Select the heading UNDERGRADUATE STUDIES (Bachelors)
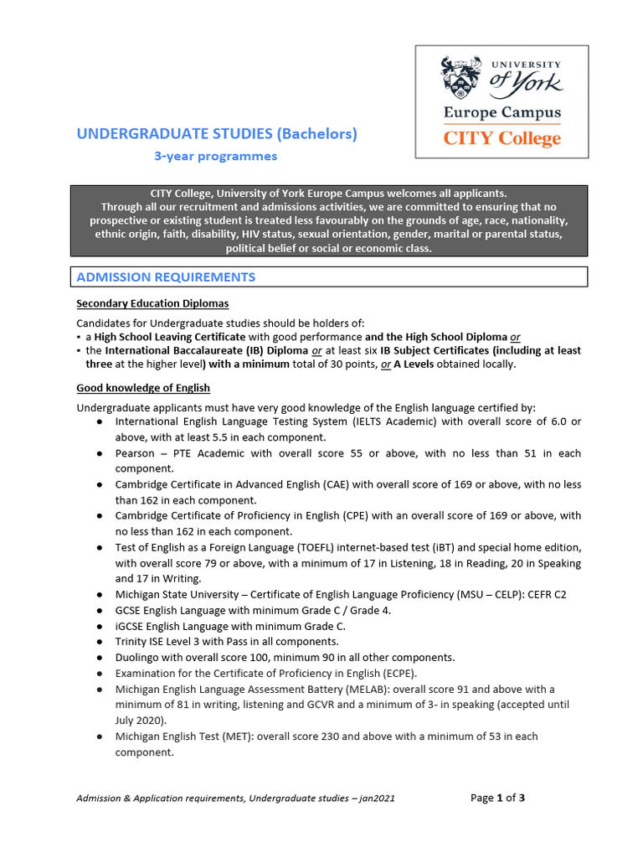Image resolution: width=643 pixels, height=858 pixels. pos(217,133)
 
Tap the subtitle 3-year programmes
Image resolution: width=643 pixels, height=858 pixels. pos(214,156)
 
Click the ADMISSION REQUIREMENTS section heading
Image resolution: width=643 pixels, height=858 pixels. pos(166,277)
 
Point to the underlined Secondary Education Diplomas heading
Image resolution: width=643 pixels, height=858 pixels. pos(152,303)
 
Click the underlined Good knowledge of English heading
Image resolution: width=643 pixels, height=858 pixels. pos(143,388)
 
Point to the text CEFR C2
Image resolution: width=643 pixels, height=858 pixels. pos(543,594)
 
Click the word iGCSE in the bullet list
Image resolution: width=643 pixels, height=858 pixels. pos(131,626)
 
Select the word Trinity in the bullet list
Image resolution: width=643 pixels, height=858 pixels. pos(132,642)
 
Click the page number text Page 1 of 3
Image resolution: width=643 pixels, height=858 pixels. pos(497,798)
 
